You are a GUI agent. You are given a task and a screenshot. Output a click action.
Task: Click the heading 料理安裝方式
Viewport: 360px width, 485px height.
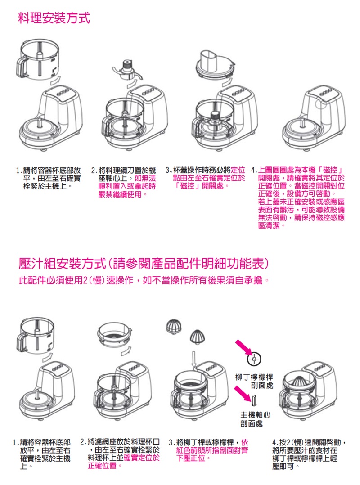click(x=54, y=18)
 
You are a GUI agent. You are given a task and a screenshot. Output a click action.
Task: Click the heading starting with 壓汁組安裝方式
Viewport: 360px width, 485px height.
click(x=144, y=264)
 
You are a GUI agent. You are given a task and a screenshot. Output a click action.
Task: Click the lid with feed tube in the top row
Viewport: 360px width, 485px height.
click(x=215, y=65)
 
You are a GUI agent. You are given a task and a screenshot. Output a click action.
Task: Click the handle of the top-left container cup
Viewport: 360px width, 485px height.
click(x=22, y=68)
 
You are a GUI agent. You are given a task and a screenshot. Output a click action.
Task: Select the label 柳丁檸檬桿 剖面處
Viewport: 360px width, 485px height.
click(x=254, y=381)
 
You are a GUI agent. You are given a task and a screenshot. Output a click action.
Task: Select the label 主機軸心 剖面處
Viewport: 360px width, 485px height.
click(x=255, y=419)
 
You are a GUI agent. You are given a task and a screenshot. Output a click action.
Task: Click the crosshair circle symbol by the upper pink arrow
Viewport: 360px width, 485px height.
click(x=254, y=359)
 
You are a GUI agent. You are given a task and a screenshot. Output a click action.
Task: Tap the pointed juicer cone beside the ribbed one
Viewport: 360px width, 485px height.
click(x=196, y=337)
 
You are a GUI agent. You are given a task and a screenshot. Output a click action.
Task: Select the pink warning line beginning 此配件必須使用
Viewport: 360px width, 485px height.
click(x=144, y=281)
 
